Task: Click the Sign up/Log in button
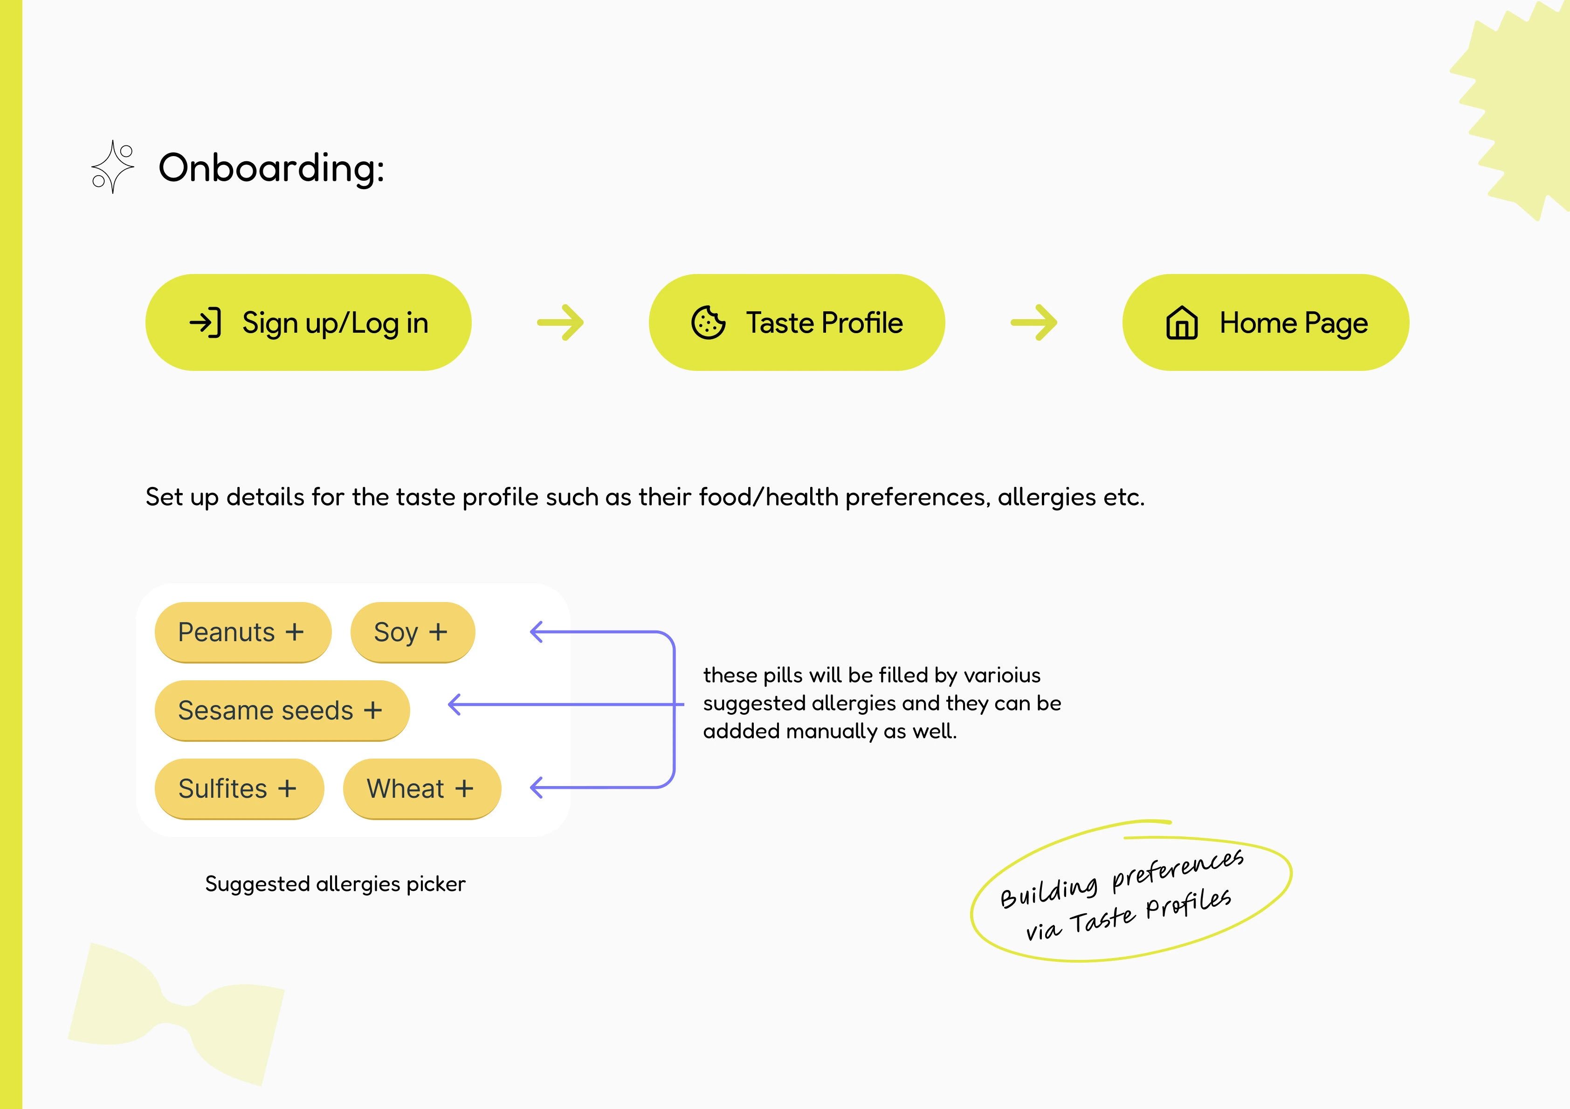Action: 309,323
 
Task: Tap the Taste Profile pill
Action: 797,323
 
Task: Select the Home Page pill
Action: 1266,323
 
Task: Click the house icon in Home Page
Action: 1182,323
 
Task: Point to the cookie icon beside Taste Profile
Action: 709,323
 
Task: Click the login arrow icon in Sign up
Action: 205,323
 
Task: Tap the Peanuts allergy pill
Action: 243,632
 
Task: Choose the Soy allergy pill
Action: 413,632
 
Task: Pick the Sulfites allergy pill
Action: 239,789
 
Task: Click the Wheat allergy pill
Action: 422,789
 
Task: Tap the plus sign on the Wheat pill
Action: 464,789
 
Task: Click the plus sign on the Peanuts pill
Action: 295,632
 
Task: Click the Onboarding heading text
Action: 271,168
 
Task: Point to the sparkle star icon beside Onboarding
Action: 113,167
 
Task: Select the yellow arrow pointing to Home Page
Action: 1034,323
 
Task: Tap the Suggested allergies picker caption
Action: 335,884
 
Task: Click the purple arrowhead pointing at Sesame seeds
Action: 454,704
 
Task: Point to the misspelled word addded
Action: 741,731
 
